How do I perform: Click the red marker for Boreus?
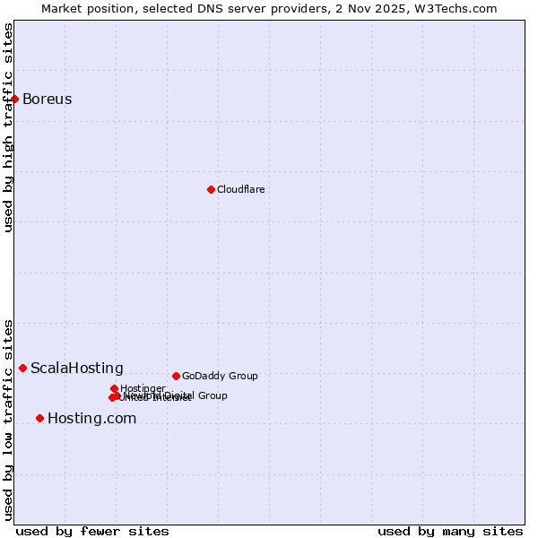pos(15,99)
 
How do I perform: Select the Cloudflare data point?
pos(211,189)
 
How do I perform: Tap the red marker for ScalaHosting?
pos(23,368)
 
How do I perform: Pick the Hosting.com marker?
pos(39,418)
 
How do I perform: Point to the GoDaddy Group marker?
pos(176,376)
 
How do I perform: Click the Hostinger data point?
pos(114,388)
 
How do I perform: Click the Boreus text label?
pos(47,99)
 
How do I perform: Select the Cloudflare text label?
pos(240,189)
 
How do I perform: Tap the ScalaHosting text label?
pos(77,368)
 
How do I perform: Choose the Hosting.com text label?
pos(91,418)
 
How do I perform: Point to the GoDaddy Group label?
pos(220,376)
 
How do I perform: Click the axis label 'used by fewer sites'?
pos(92,531)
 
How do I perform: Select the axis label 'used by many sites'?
pos(450,531)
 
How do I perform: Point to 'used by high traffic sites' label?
pos(8,127)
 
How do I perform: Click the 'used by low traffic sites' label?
pos(8,419)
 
